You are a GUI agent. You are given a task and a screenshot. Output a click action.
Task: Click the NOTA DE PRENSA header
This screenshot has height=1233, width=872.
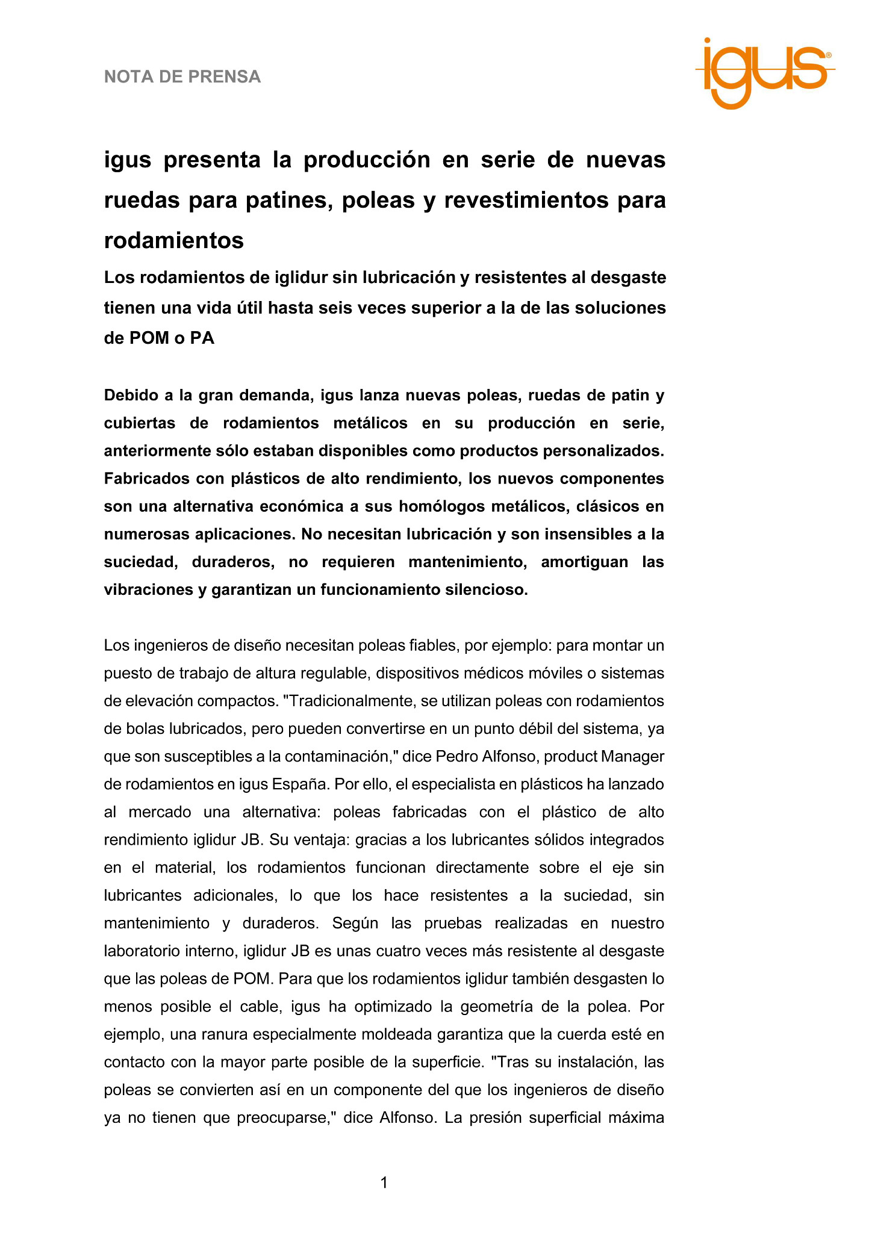click(x=182, y=77)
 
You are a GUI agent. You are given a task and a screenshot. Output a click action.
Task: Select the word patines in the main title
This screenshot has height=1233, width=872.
click(x=289, y=200)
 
